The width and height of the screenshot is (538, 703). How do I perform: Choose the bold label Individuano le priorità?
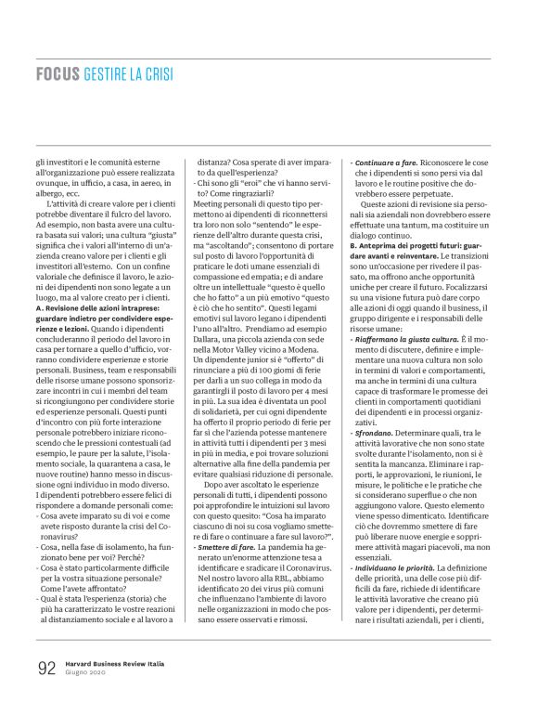[401, 568]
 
